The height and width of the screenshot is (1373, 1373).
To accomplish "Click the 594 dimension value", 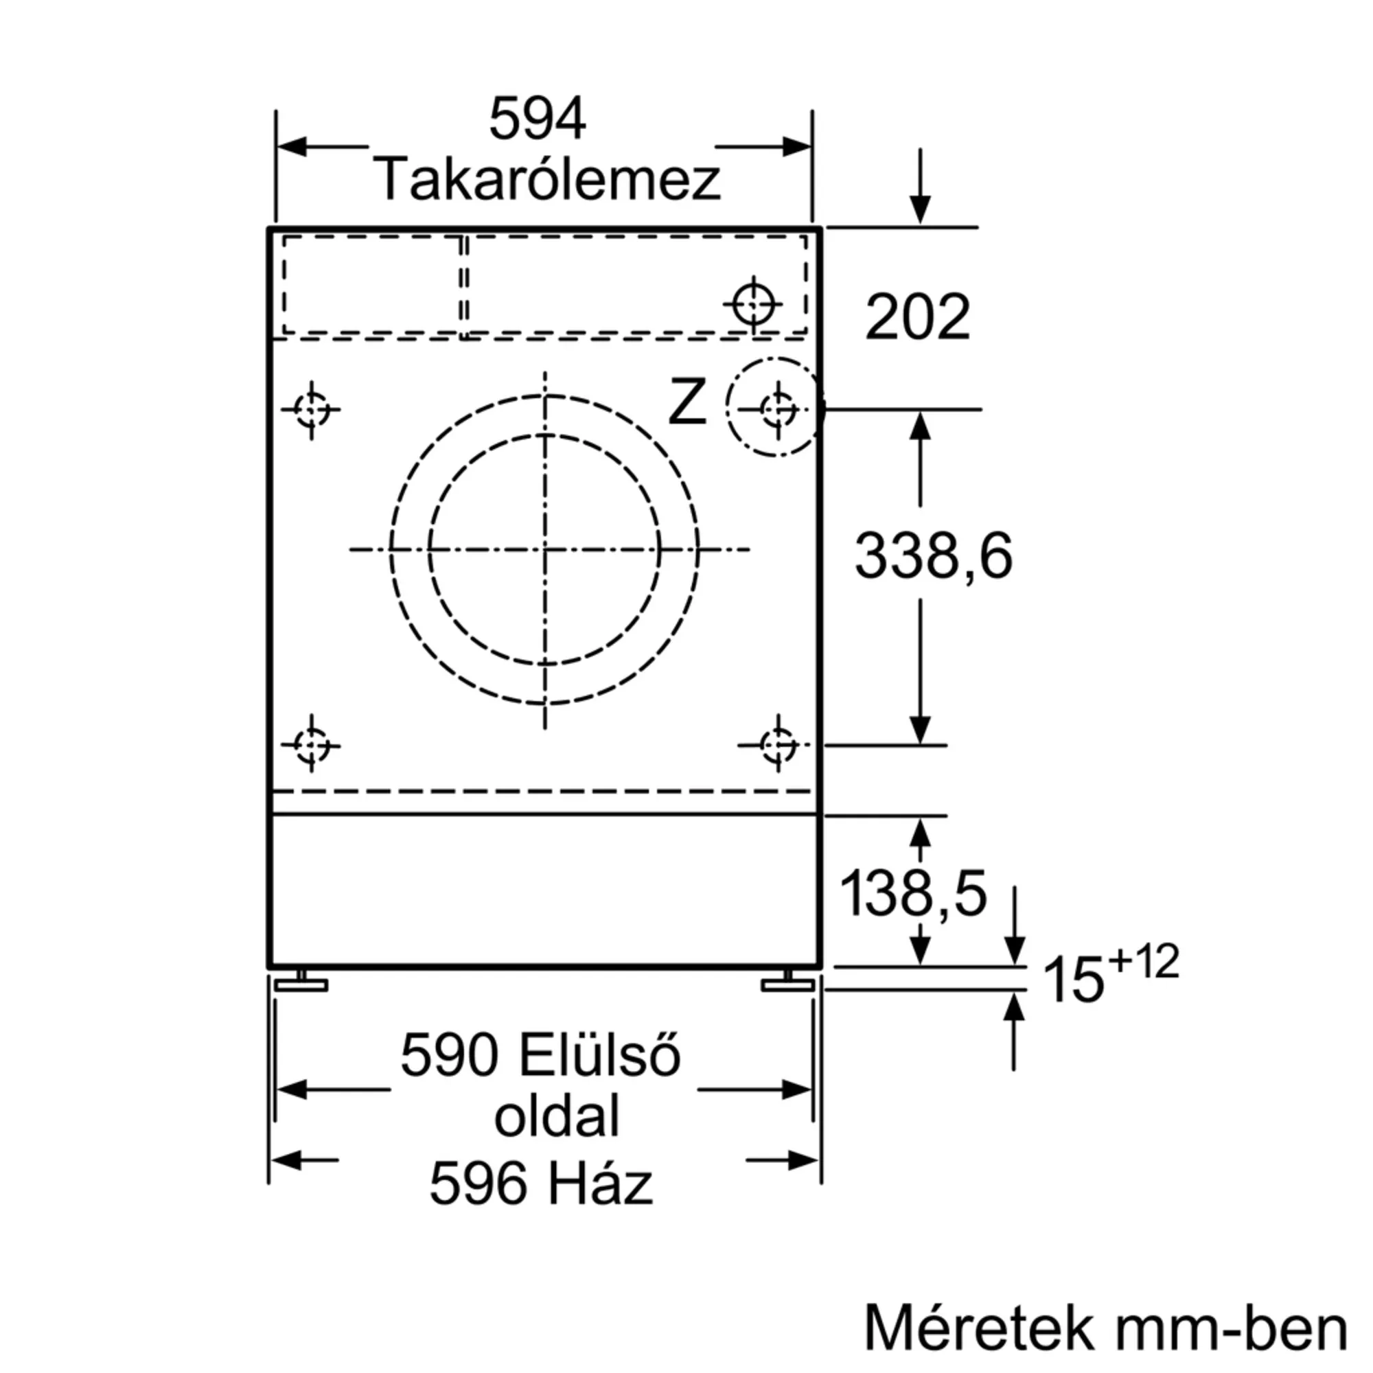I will coord(538,119).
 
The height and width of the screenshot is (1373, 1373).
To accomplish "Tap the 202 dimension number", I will coord(916,317).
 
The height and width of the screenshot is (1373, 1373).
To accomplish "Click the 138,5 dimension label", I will coord(913,893).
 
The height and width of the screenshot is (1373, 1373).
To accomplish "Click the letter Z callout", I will coord(686,403).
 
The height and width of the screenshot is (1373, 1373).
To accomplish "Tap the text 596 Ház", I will coord(541,1184).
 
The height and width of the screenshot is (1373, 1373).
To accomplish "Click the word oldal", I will coord(557,1116).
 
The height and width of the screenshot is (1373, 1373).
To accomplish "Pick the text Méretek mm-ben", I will coord(1106,1328).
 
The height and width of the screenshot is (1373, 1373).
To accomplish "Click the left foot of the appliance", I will coord(301,982).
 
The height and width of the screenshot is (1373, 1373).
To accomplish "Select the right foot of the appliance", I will coord(787,982).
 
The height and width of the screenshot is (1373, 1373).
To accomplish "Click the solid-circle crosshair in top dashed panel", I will coord(753,304).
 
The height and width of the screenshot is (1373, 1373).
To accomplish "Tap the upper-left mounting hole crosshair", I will coord(311,409).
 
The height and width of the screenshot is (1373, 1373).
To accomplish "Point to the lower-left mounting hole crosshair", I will coord(311,745).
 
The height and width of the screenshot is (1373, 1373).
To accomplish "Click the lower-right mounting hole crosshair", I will coord(778,745).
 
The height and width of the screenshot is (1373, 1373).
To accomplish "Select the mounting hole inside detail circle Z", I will coord(778,409).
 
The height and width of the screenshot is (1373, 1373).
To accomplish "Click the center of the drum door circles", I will coord(545,549).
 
